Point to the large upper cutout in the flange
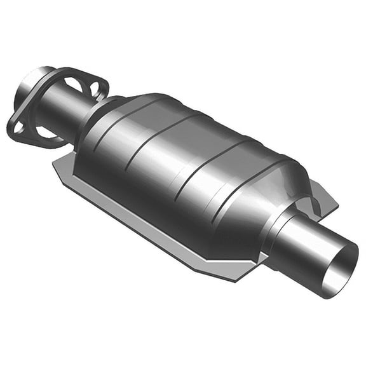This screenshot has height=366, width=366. pyautogui.click(x=73, y=83)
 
